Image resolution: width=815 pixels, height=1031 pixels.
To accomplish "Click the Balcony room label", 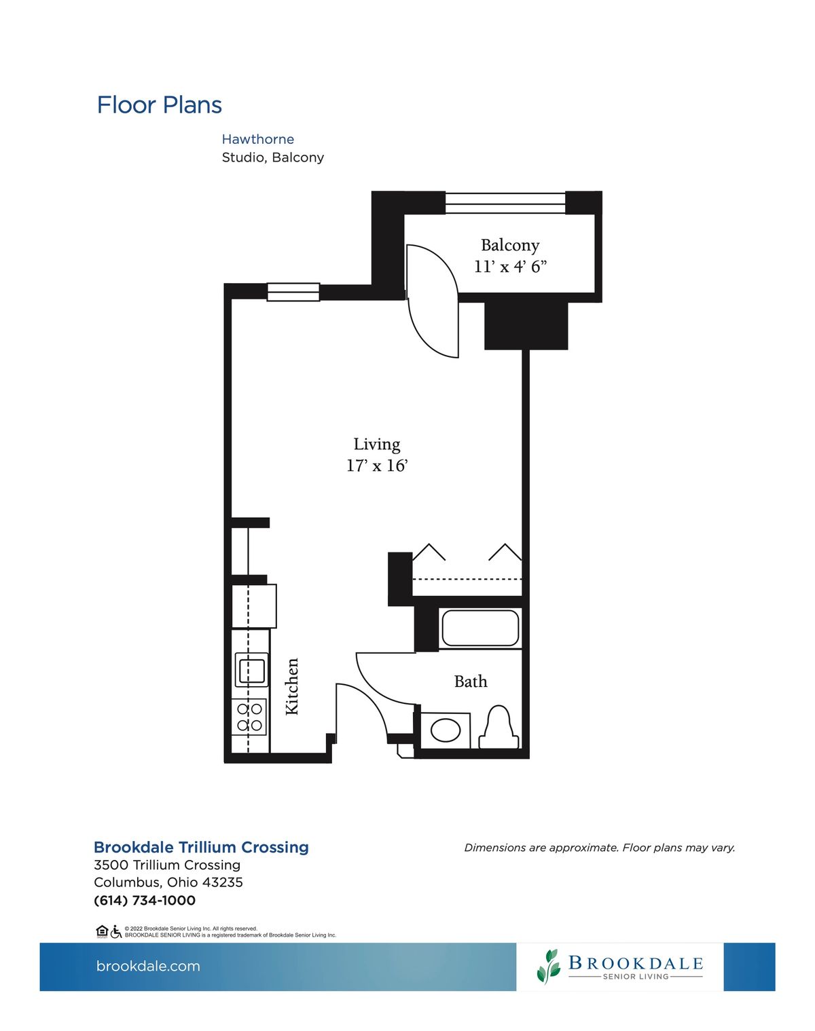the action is (510, 245).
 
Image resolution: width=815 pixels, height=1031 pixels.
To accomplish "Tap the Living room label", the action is (377, 445).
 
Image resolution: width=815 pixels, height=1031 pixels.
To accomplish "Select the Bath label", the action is (471, 681).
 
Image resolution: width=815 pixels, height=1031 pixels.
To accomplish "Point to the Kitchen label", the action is (292, 686).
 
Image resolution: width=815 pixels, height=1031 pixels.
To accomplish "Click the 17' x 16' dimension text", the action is (377, 466).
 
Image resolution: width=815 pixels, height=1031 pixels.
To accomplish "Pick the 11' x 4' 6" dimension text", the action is (510, 266).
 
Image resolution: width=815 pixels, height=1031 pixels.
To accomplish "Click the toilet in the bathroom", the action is (499, 726).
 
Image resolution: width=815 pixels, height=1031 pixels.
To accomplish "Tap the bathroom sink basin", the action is (446, 730).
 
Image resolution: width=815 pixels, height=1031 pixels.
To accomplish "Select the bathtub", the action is (480, 628).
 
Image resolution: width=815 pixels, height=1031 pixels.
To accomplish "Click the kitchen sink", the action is (252, 670).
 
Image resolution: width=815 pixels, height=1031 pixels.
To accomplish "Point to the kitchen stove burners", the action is (250, 717).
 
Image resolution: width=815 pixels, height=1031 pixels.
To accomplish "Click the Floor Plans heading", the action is (159, 105).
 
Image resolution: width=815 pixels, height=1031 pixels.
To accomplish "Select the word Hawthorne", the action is (258, 139).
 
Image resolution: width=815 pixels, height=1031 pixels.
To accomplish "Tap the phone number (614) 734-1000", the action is (145, 901).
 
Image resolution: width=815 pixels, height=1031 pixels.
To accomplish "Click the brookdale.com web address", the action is (148, 966).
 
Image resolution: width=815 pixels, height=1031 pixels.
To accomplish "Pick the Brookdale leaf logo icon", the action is (549, 967).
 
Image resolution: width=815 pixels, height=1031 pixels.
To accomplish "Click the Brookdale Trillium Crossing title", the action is (201, 847).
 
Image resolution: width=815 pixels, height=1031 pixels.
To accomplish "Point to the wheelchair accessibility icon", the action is (116, 932).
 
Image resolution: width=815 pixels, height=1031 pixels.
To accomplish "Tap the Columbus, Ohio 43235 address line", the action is (168, 882).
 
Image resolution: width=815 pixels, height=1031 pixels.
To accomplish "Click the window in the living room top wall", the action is (293, 292).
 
